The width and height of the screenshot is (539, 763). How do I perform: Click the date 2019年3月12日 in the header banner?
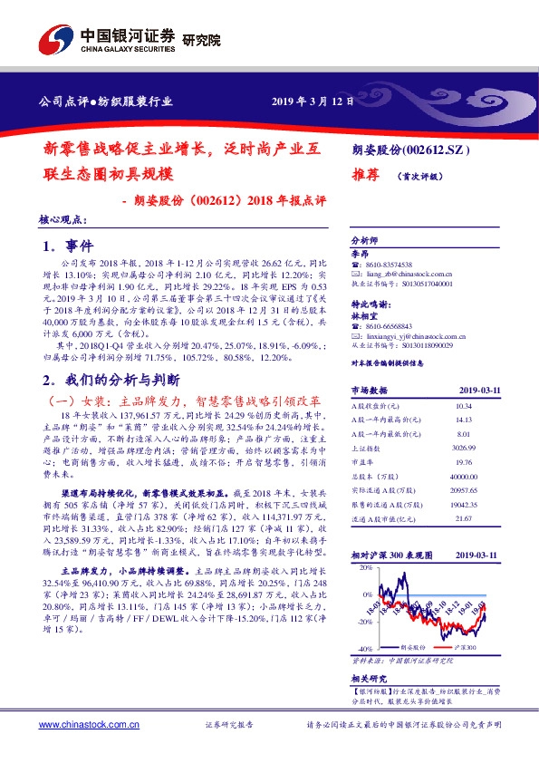point(313,101)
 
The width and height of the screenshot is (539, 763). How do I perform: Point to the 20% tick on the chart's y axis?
point(365,567)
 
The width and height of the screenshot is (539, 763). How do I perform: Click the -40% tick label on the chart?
point(363,650)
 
